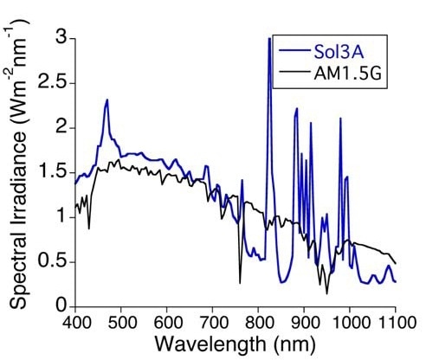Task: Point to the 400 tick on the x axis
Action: [x=75, y=322]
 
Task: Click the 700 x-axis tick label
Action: [x=212, y=322]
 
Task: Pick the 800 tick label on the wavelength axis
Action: [x=258, y=322]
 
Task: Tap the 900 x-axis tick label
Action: [x=304, y=322]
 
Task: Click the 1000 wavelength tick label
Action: [x=349, y=322]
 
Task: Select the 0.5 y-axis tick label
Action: [x=50, y=261]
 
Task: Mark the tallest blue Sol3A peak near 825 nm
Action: [x=269, y=39]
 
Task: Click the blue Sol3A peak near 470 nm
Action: [x=107, y=100]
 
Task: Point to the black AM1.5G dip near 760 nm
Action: [x=240, y=282]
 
